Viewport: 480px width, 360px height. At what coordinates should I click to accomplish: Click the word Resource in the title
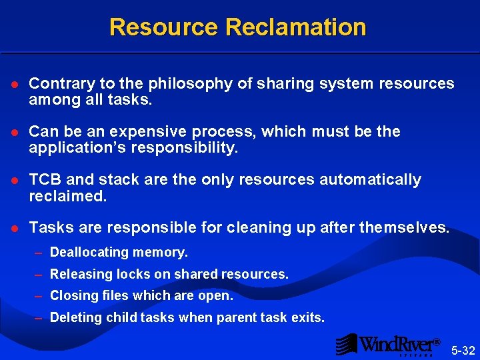[163, 27]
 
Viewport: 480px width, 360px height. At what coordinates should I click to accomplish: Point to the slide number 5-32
[463, 350]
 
